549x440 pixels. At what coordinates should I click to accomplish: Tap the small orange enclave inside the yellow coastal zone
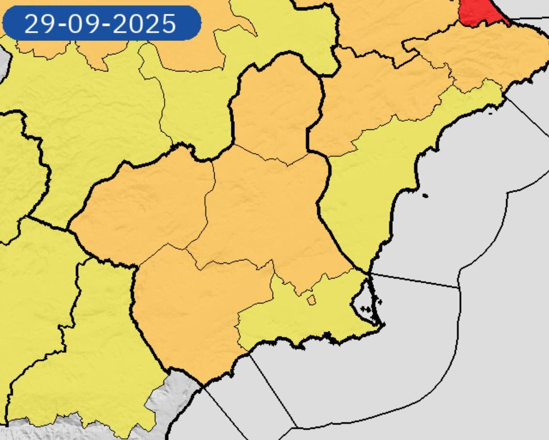tap(311, 300)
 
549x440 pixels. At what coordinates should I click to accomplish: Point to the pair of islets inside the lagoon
tap(366, 309)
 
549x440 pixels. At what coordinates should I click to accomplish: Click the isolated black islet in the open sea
tap(425, 196)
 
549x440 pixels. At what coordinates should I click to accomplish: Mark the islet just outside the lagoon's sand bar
tap(380, 301)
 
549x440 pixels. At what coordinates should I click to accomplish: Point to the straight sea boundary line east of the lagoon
tap(414, 280)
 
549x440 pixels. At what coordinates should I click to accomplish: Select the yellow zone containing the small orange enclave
tap(310, 321)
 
